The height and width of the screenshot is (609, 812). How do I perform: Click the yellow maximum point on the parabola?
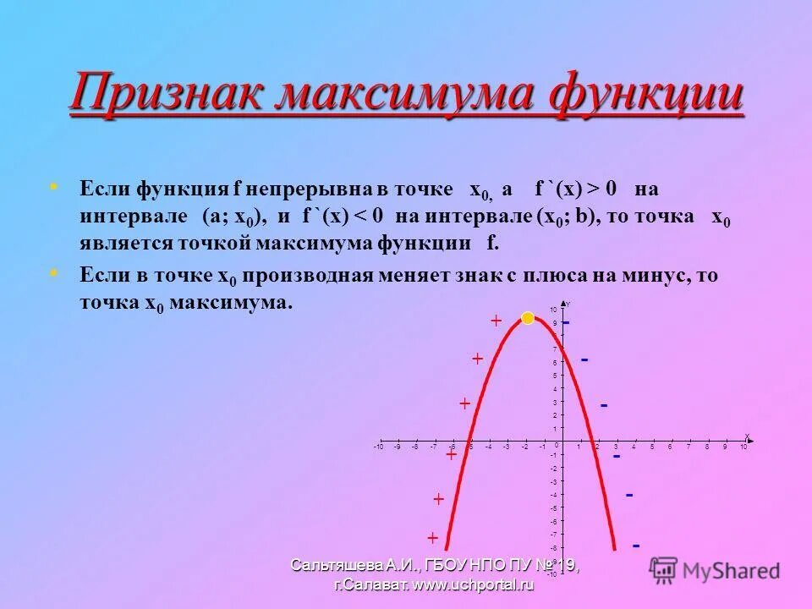(x=528, y=318)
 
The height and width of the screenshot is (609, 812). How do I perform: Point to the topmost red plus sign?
(x=497, y=321)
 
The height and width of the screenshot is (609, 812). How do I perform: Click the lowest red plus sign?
(x=432, y=538)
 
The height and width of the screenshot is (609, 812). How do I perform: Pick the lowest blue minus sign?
(x=636, y=546)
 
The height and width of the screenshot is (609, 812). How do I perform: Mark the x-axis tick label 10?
(x=743, y=447)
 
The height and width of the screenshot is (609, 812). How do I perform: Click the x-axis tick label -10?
(x=378, y=447)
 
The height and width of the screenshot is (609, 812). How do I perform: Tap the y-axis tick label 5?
(x=555, y=376)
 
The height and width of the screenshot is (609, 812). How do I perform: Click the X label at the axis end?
(x=747, y=436)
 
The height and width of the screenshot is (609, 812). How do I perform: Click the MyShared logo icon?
(x=664, y=569)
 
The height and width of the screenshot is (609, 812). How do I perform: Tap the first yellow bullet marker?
(x=55, y=184)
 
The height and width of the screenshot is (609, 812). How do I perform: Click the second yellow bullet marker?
(x=55, y=272)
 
